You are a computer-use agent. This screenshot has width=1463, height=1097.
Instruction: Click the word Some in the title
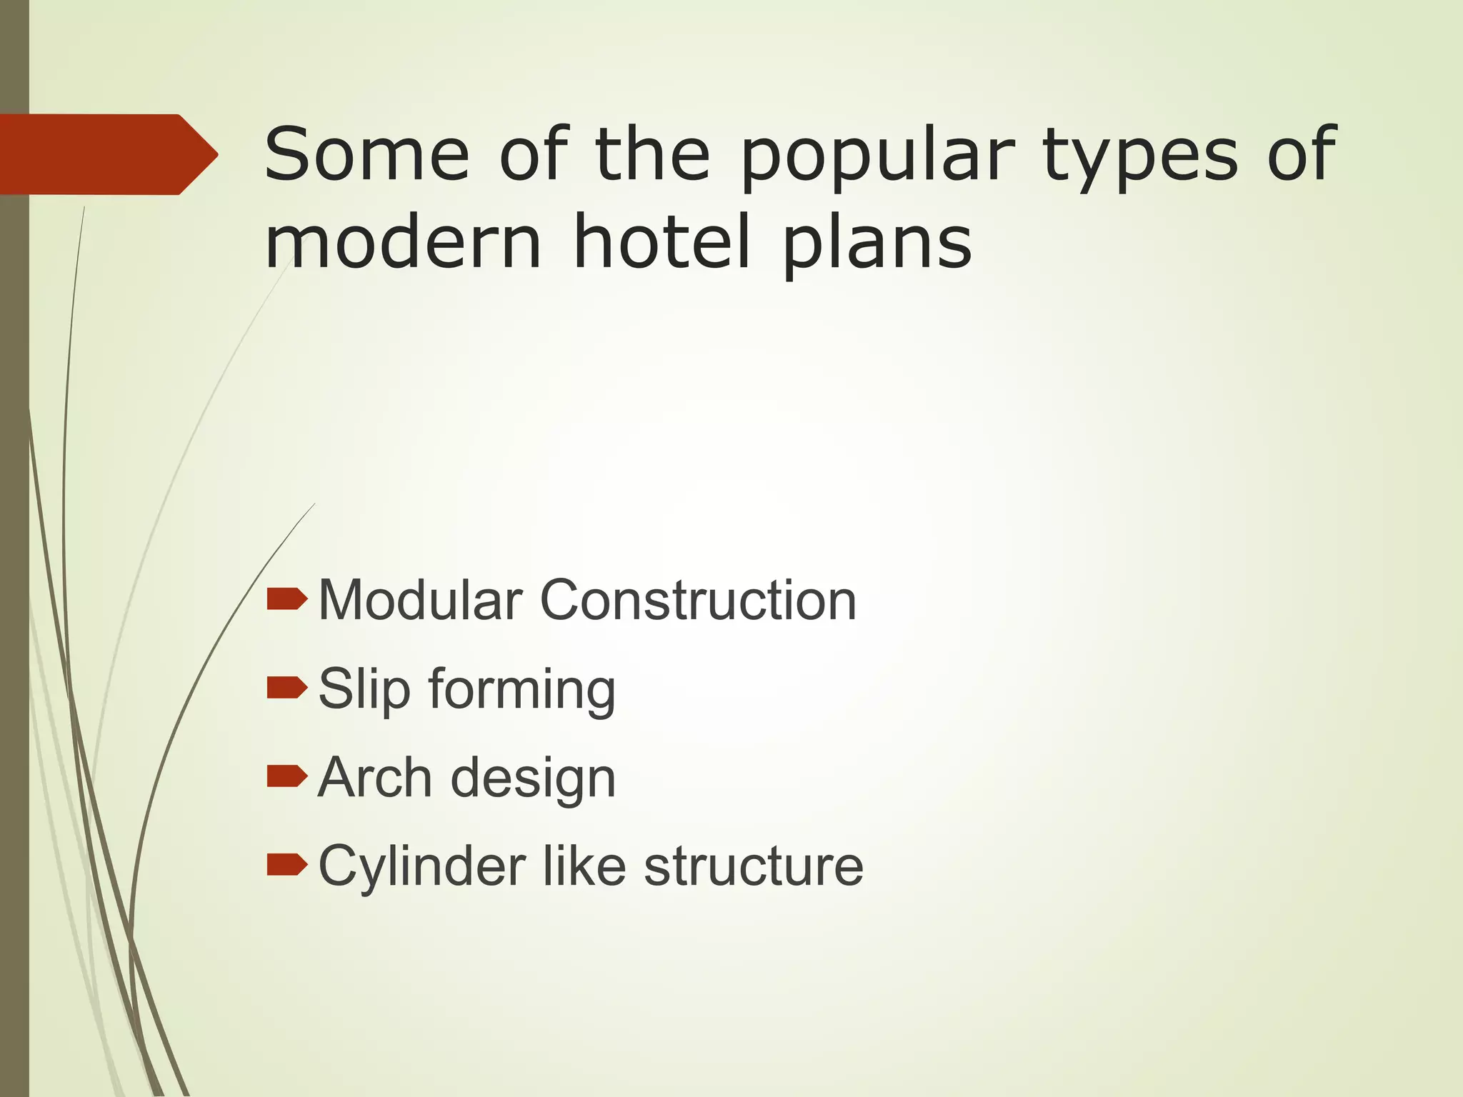(x=366, y=154)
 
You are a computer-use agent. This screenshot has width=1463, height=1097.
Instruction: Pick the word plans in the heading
(x=877, y=243)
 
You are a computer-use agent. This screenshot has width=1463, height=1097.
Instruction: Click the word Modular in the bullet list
(x=420, y=600)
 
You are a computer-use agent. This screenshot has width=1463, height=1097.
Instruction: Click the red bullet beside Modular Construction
(x=286, y=599)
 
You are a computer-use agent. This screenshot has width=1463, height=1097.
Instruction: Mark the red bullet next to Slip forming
(x=286, y=688)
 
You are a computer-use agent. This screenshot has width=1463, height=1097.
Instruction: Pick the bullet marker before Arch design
(x=286, y=776)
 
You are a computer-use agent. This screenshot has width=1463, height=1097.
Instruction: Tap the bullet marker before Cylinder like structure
(x=286, y=864)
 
